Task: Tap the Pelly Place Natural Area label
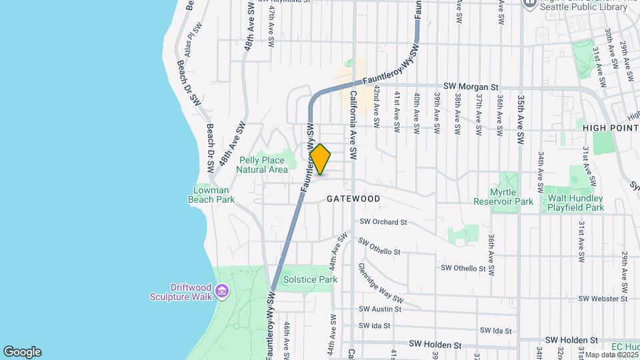[x=262, y=165]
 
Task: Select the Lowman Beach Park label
[x=215, y=194]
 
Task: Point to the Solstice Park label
[x=310, y=279]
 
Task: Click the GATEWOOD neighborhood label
[x=353, y=199]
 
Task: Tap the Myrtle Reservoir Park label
[x=503, y=197]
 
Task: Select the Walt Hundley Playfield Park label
[x=575, y=203]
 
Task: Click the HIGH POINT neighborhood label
[x=610, y=127]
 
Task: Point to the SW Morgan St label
[x=471, y=87]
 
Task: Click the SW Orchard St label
[x=383, y=222]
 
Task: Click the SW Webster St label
[x=603, y=299]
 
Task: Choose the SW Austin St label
[x=380, y=309]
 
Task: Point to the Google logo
[x=22, y=351]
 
